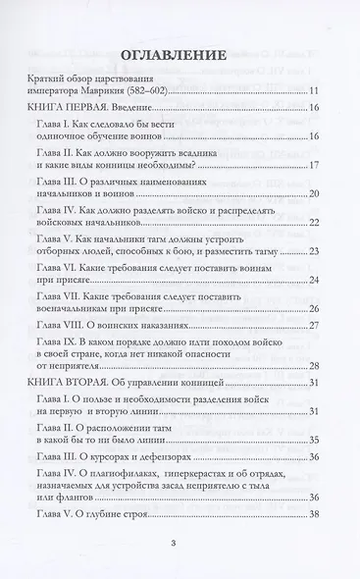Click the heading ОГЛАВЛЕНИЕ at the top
(180, 54)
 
